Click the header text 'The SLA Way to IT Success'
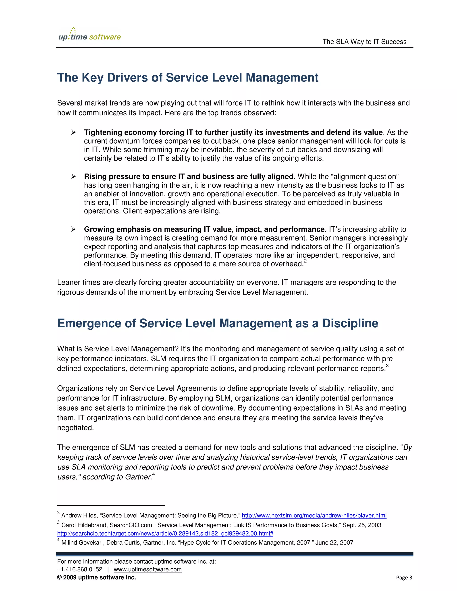click(364, 42)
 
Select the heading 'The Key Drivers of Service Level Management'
click(188, 78)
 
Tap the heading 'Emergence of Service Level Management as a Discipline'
click(217, 323)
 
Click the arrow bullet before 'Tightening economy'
click(73, 132)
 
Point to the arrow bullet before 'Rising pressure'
click(73, 176)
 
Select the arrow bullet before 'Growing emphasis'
click(73, 229)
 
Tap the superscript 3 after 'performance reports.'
click(387, 366)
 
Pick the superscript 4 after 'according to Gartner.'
click(154, 474)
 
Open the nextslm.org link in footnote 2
click(314, 515)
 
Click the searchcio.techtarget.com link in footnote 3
click(165, 533)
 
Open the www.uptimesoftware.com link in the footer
click(147, 569)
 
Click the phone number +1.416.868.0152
click(80, 569)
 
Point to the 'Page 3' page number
click(404, 577)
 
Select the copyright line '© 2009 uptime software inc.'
click(96, 577)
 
